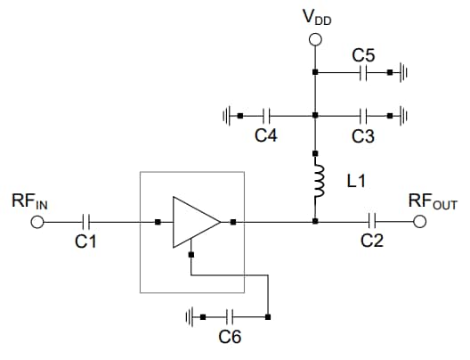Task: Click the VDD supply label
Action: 316,18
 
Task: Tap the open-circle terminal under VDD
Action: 314,39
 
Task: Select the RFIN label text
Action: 29,202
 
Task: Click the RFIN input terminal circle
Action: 37,222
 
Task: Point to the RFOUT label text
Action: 432,202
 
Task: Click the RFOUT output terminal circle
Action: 420,222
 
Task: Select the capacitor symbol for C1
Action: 86,222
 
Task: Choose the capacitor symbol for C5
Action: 363,72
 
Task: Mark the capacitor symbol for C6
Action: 230,316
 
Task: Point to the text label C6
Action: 230,338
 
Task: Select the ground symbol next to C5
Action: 401,72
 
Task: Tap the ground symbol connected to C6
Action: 191,316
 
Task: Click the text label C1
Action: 86,242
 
